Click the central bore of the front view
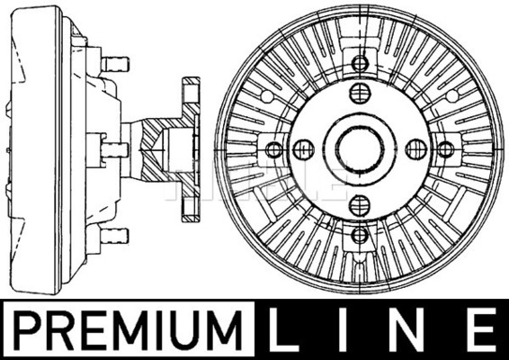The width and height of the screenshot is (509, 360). [360, 149]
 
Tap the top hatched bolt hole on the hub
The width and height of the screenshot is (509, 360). [360, 93]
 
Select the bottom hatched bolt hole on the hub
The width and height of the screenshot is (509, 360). [360, 205]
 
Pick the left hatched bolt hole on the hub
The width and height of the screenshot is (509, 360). [304, 149]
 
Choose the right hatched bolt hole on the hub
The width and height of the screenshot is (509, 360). [416, 149]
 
